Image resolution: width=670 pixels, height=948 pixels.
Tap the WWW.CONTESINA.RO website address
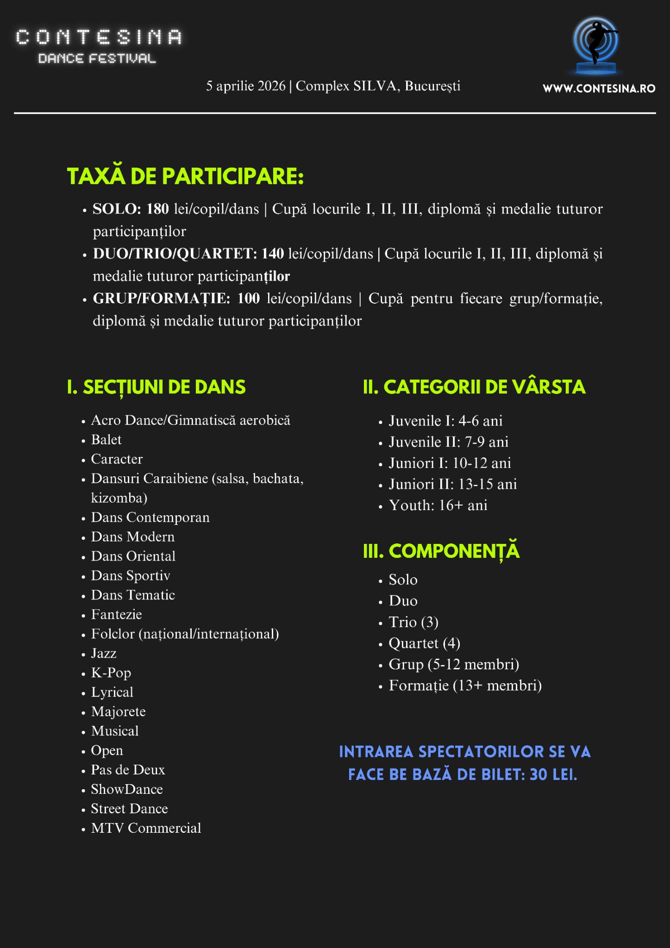[599, 88]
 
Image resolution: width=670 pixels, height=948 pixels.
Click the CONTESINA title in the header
[99, 37]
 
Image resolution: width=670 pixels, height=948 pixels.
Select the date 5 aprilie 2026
[245, 86]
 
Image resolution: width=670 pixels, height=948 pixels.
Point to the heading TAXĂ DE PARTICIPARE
[185, 176]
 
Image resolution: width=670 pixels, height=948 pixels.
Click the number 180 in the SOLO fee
[157, 209]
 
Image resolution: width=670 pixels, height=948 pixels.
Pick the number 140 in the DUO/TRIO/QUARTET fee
[273, 254]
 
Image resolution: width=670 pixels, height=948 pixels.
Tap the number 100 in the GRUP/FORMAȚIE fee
[249, 299]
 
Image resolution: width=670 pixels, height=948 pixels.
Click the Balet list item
[106, 440]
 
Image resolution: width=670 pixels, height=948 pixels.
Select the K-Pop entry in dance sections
[111, 673]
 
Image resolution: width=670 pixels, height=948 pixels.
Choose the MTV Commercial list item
[146, 828]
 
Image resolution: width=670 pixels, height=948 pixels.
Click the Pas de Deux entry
[128, 770]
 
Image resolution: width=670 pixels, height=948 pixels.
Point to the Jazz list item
[104, 653]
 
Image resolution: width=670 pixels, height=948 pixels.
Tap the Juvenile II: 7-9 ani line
[448, 442]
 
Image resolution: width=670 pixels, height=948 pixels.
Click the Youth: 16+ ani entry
[438, 505]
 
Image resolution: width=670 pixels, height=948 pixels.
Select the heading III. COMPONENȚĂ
[441, 551]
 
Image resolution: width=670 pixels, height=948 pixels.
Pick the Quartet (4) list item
[424, 643]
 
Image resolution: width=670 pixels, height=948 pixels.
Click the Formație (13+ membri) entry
[465, 686]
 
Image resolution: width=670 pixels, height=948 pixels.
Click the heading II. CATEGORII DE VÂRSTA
[474, 387]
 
